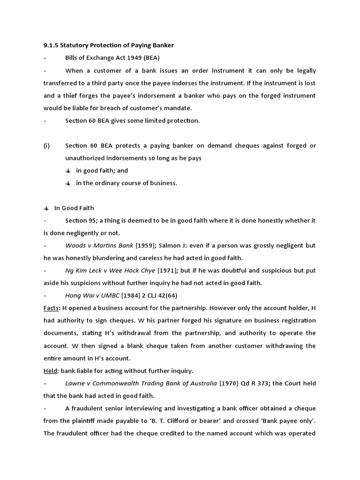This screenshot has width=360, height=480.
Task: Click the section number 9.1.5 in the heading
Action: (x=52, y=45)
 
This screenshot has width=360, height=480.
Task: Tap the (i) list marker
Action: (x=46, y=145)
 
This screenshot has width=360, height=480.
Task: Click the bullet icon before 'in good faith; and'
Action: (x=68, y=171)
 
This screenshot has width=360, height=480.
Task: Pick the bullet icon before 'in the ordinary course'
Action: (x=68, y=183)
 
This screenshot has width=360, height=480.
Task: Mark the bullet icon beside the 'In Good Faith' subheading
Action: (x=46, y=208)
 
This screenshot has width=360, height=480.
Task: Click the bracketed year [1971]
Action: (x=166, y=270)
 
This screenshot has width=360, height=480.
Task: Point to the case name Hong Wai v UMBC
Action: (x=93, y=295)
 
